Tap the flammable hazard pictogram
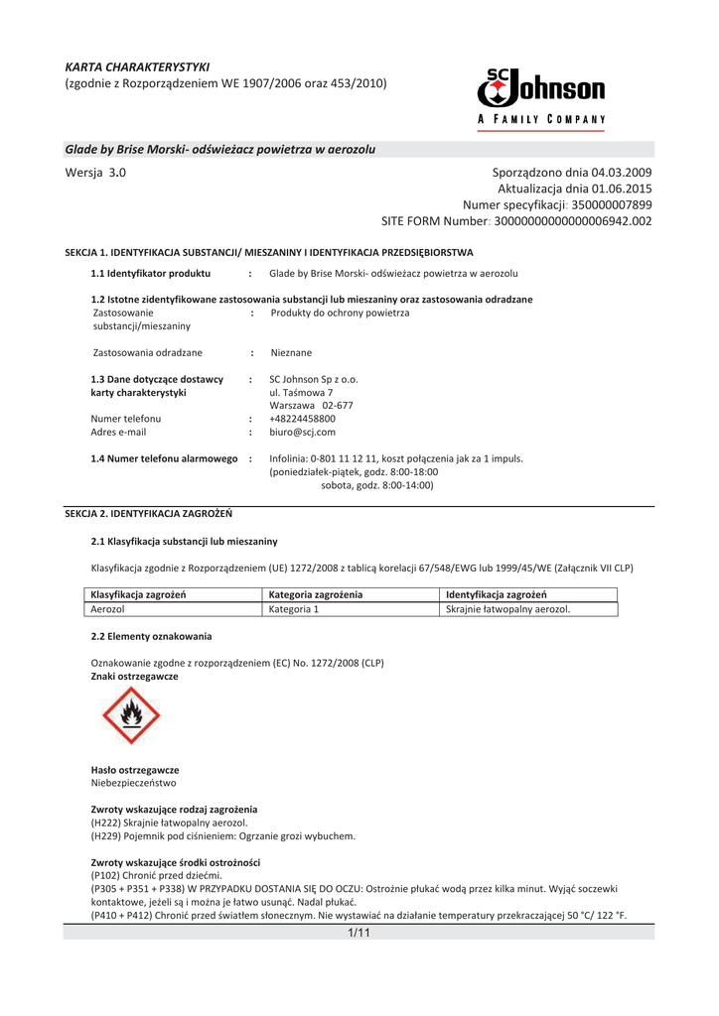click(129, 716)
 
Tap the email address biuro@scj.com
click(302, 433)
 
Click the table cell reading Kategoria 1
click(294, 609)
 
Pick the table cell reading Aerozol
click(107, 609)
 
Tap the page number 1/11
click(359, 933)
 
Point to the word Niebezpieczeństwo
click(135, 783)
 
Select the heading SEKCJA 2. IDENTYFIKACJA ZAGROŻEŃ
click(148, 514)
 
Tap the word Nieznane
click(290, 352)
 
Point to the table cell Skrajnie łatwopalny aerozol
click(507, 609)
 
